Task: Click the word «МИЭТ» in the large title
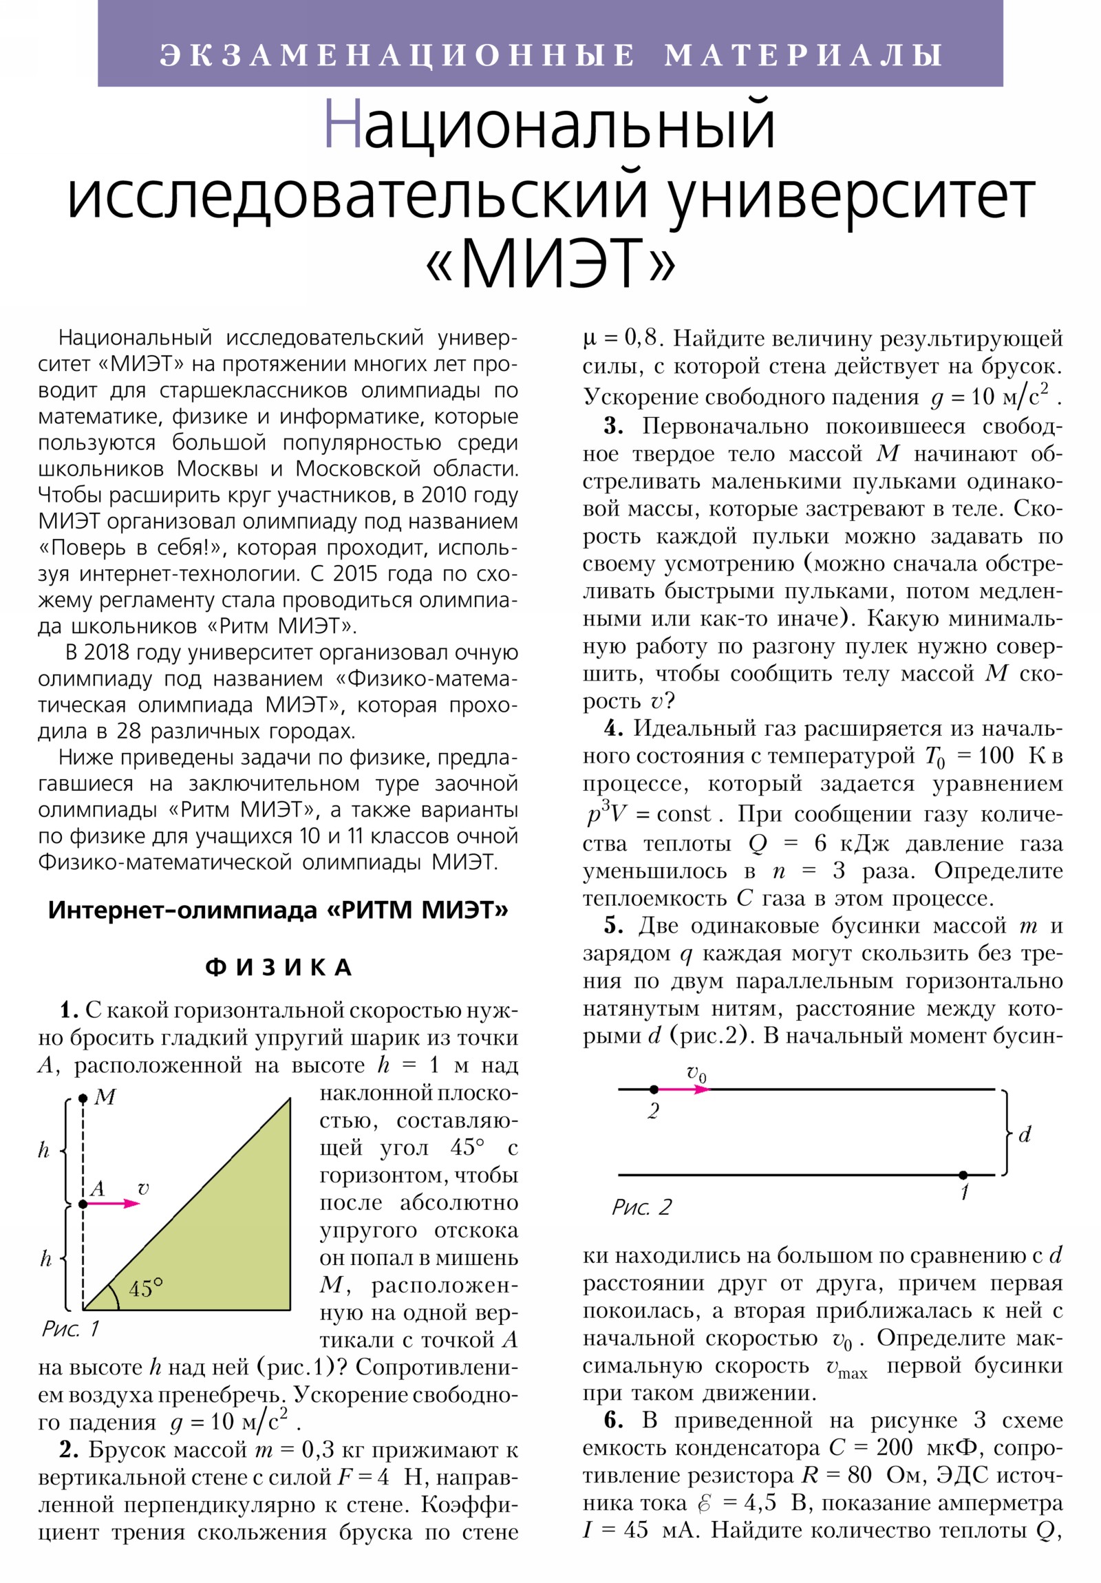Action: click(x=550, y=264)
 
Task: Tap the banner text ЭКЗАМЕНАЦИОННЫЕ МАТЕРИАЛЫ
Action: click(x=550, y=55)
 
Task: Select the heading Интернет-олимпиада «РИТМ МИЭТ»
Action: click(x=278, y=911)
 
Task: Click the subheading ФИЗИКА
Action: click(x=279, y=968)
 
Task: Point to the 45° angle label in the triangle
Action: click(x=145, y=1288)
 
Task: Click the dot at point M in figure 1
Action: click(x=83, y=1098)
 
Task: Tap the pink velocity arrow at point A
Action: click(x=114, y=1204)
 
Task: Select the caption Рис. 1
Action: click(x=71, y=1328)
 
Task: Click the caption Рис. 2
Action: click(x=641, y=1207)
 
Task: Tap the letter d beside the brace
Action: click(x=1025, y=1134)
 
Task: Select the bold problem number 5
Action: click(x=613, y=926)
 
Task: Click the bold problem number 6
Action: click(x=613, y=1421)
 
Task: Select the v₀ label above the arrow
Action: click(x=696, y=1073)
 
